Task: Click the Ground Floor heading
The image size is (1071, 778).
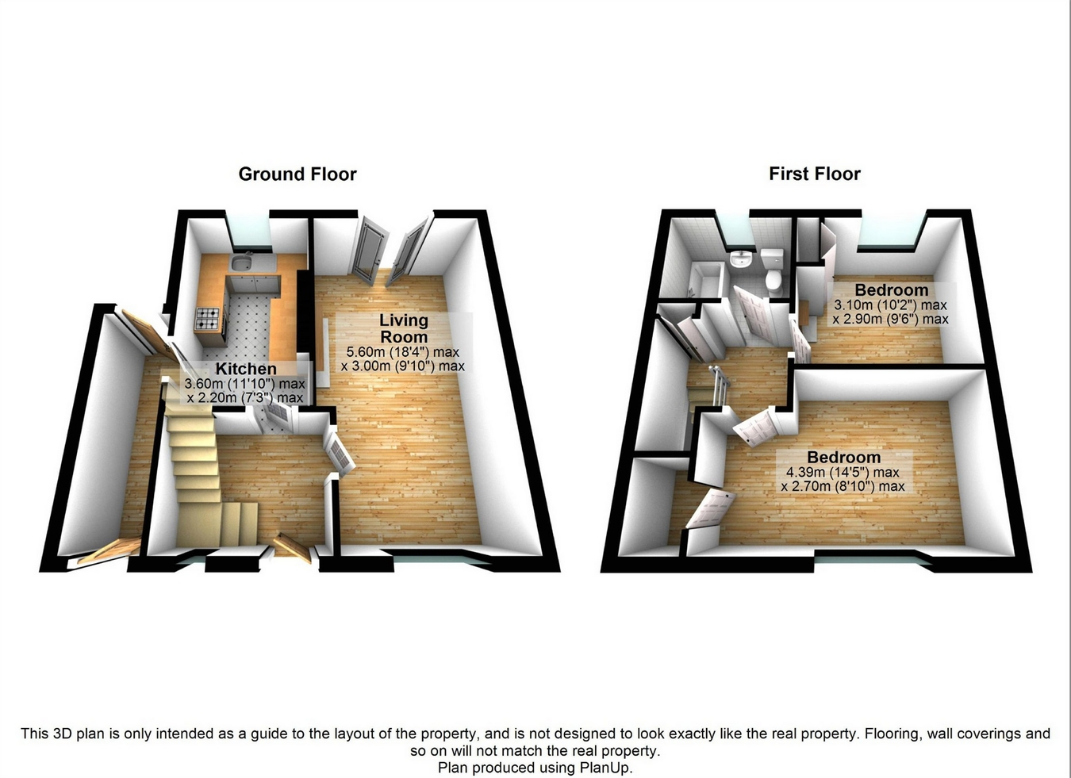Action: coord(297,174)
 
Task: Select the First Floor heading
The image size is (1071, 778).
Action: coord(814,174)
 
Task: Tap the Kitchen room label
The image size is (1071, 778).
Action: coord(246,369)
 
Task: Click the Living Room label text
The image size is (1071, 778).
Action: coord(403,328)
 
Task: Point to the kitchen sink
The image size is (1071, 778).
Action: coord(242,264)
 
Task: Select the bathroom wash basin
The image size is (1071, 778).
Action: coord(741,261)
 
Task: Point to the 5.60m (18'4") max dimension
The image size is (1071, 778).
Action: coord(402,352)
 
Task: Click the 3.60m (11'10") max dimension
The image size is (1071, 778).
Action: coord(244,384)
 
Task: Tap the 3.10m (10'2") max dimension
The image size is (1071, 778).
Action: coord(890,305)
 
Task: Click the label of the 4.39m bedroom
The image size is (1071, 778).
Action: coord(843,458)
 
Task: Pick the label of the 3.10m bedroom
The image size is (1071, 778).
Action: coord(891,290)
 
